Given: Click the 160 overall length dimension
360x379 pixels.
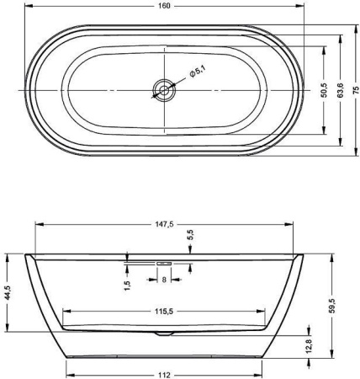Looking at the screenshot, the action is tap(164, 6).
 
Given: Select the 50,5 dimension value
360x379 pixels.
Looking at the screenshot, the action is tap(324, 90).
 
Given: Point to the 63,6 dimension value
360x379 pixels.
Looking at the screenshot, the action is tap(341, 91).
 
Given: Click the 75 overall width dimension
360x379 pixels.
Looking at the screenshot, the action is tap(356, 90).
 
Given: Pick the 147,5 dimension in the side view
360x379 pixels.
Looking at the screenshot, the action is tap(164, 224).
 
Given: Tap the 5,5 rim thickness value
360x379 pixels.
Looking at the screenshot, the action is tap(190, 235).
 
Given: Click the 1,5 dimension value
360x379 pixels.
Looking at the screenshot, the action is tap(127, 286).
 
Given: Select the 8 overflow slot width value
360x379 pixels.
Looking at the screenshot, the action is tap(164, 280).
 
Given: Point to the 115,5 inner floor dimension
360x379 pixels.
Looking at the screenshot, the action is tap(164, 311).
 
